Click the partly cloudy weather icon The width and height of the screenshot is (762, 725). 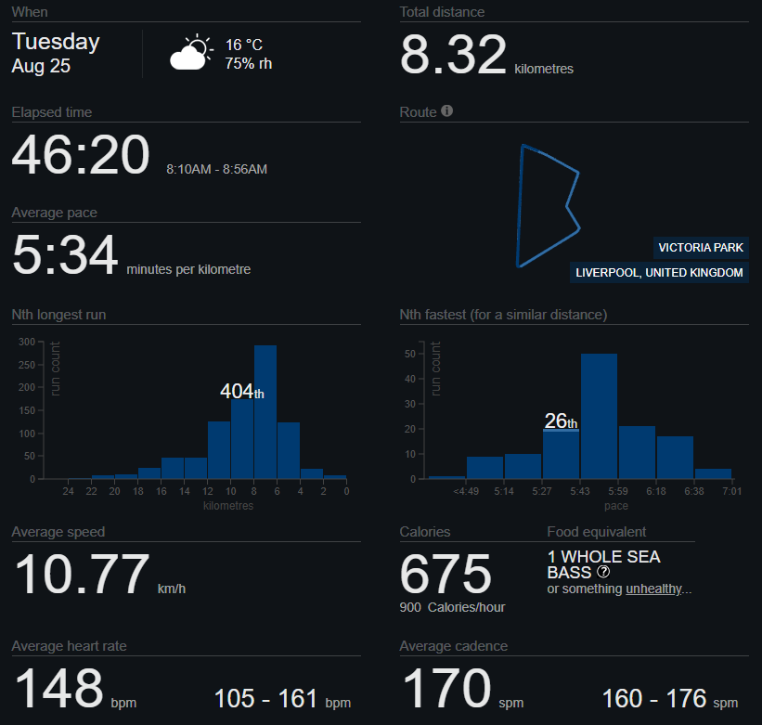coord(191,52)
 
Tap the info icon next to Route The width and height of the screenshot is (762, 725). coord(446,110)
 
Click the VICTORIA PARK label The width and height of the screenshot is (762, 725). coord(701,247)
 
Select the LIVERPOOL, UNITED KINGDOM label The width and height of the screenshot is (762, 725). coord(659,272)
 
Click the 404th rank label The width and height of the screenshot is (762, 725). coord(242,391)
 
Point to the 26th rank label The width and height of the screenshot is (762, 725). coord(561,421)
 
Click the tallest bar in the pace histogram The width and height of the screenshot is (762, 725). coord(599,416)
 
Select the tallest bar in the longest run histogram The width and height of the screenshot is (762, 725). coord(265,412)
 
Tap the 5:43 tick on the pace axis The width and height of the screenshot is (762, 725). coord(580,491)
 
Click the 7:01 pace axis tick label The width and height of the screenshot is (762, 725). coord(732,491)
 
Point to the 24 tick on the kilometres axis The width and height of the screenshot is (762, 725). coord(68,491)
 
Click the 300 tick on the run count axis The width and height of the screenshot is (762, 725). coord(27,343)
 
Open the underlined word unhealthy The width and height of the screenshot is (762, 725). coord(653,589)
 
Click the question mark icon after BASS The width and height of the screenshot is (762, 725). coord(603,572)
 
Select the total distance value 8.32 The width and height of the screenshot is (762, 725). coord(454,55)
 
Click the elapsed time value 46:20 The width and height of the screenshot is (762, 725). coord(81,155)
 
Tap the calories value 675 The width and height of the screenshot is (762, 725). coord(446,574)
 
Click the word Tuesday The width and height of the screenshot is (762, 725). coord(56,43)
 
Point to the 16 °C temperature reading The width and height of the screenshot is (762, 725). coord(244,45)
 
